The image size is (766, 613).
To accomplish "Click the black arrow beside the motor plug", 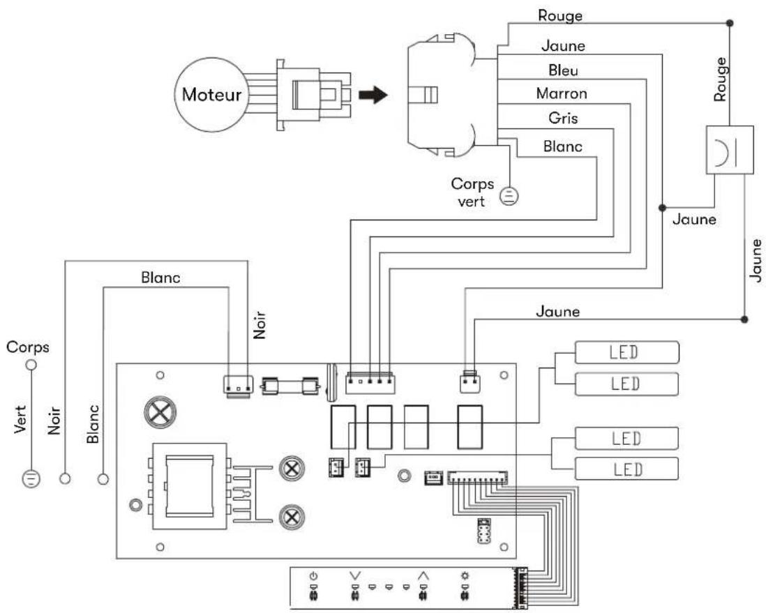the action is point(373,95).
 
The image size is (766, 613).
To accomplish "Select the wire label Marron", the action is point(562,93).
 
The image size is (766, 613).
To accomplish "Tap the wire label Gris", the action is point(563,118).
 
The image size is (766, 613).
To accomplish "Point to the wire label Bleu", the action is point(563,70).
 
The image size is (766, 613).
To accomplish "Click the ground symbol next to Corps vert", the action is point(509,196).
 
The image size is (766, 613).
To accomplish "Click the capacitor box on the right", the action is point(729,149).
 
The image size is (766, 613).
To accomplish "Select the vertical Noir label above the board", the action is point(260,325).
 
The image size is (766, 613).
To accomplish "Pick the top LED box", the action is point(626,352).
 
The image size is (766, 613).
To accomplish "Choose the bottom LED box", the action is point(626,469).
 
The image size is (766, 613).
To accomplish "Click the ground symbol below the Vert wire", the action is point(31,478).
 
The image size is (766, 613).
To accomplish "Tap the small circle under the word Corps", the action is point(31,365).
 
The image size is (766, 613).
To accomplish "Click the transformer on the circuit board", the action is point(189,486).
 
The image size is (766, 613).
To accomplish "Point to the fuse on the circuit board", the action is point(290,386).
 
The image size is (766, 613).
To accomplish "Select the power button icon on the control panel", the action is point(314,576).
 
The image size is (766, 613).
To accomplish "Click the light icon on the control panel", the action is point(465,576).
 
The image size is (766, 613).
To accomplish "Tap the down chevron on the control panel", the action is point(354,576).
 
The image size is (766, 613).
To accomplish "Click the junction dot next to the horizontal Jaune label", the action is point(663,208).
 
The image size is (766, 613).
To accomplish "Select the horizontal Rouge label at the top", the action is point(560,15).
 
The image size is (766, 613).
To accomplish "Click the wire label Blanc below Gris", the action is point(563,146).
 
